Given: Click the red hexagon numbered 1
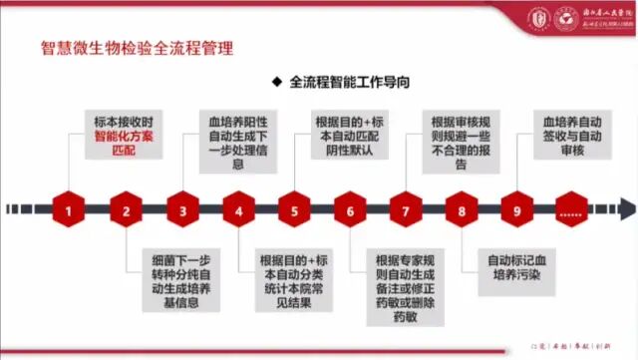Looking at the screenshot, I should (x=68, y=210).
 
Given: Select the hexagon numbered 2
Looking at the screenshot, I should (x=126, y=210).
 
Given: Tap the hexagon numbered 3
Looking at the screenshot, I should (x=182, y=210).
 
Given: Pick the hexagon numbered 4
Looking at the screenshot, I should (x=239, y=210).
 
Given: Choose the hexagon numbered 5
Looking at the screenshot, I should (x=294, y=210).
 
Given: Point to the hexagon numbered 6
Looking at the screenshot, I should (x=350, y=210).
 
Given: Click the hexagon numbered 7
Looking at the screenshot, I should (x=406, y=210).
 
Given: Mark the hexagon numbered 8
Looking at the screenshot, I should (x=462, y=210).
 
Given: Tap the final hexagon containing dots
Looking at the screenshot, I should (x=571, y=210).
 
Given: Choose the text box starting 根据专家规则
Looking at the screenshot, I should (x=405, y=283).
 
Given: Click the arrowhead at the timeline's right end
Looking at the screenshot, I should (x=626, y=210).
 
